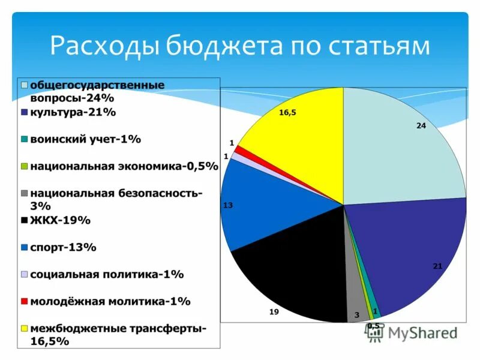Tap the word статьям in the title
point(371,46)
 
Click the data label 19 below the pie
point(274,312)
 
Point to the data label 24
point(421,125)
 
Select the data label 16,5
point(287,112)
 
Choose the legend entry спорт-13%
point(63,247)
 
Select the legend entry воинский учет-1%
point(85,139)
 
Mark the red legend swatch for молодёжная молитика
point(24,302)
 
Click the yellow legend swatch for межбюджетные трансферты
point(24,329)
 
